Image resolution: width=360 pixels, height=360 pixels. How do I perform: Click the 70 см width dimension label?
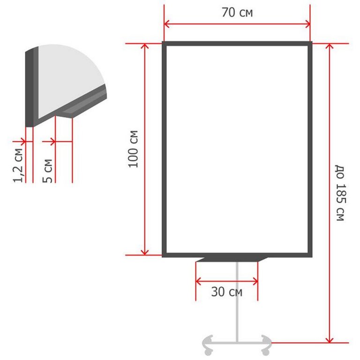(x=237, y=12)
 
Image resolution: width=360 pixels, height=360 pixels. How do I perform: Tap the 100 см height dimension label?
(x=134, y=149)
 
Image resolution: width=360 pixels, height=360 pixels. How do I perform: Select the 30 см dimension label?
(x=226, y=292)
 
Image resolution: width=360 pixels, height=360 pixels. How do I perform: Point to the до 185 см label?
(x=340, y=193)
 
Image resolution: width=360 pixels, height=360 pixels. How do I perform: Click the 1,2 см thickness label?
(x=18, y=165)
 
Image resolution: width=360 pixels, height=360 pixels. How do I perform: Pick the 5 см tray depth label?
(x=47, y=171)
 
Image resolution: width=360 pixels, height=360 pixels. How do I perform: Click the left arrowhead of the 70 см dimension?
(x=167, y=24)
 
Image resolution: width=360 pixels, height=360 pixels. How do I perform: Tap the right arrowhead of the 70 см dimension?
(x=307, y=24)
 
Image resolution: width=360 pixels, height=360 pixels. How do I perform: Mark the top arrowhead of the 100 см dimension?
(x=145, y=46)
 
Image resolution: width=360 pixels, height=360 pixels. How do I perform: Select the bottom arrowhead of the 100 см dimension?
(x=145, y=252)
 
